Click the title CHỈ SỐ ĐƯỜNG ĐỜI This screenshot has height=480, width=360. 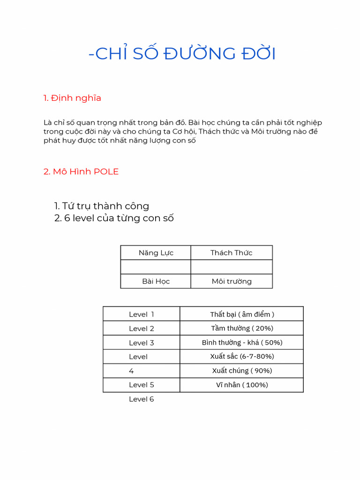tap(182, 54)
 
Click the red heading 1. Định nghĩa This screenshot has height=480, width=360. tap(72, 98)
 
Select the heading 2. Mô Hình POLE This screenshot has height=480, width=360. tap(81, 172)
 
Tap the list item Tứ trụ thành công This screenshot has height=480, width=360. tap(102, 206)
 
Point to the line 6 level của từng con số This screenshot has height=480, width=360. tap(114, 218)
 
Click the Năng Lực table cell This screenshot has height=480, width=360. tap(156, 253)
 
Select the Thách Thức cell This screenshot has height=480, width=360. tap(231, 253)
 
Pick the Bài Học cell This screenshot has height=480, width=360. tap(156, 281)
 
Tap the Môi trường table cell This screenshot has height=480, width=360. tap(231, 281)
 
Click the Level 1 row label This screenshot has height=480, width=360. tap(142, 314)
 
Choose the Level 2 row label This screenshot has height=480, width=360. tap(142, 329)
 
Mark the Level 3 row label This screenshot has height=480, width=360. tap(142, 343)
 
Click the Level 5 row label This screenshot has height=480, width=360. tap(142, 385)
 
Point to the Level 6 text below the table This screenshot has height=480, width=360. tap(142, 399)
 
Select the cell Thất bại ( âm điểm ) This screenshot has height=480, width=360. tap(242, 314)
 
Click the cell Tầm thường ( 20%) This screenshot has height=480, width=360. tap(242, 328)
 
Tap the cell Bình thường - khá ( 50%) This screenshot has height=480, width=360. tap(242, 343)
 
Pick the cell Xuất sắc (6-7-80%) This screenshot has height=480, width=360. tap(242, 356)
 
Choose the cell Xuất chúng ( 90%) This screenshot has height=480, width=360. tap(242, 371)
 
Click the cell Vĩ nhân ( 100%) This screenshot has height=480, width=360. tap(242, 385)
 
